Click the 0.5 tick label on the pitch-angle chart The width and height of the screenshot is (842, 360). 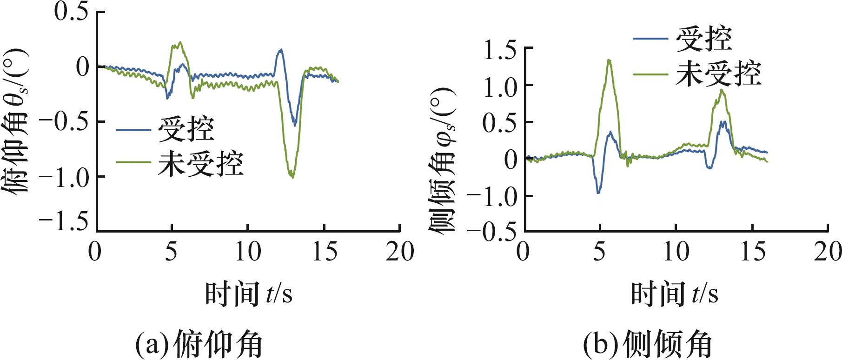[71, 11]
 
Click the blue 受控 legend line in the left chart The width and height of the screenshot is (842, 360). [133, 130]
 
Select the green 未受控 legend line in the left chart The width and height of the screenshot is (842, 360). [133, 163]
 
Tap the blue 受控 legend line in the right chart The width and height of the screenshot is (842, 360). [650, 39]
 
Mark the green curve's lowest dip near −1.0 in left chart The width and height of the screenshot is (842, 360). [292, 177]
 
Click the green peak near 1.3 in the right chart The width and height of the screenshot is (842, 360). [609, 60]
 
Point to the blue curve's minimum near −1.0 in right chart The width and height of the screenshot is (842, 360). [598, 192]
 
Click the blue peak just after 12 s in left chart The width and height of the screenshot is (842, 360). [280, 49]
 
